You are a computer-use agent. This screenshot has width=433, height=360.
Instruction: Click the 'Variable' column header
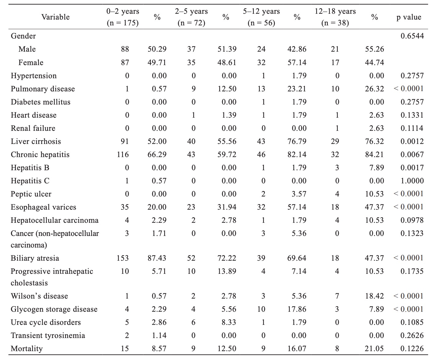pyautogui.click(x=55, y=17)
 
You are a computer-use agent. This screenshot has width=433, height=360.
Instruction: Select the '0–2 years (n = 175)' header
pyautogui.click(x=123, y=17)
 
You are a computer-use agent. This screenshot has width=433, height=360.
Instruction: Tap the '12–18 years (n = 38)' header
pyautogui.click(x=335, y=17)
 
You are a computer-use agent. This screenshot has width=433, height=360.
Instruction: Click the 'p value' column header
pyautogui.click(x=409, y=17)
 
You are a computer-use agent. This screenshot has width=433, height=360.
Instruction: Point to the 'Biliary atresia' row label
pyautogui.click(x=35, y=258)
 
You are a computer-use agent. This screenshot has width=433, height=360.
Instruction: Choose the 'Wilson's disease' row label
pyautogui.click(x=39, y=296)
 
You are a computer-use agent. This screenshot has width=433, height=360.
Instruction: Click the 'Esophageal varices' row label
pyautogui.click(x=43, y=207)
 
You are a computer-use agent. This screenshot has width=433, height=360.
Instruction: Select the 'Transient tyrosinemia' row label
pyautogui.click(x=48, y=335)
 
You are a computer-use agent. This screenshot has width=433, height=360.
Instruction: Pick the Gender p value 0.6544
pyautogui.click(x=412, y=36)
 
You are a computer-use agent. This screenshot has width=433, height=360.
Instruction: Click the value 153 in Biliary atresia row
pyautogui.click(x=123, y=258)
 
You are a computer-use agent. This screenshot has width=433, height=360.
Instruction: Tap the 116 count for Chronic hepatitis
pyautogui.click(x=123, y=155)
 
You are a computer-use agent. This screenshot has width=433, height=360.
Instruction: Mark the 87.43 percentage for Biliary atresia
pyautogui.click(x=157, y=258)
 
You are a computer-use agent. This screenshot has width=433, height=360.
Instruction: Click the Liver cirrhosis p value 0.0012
pyautogui.click(x=412, y=141)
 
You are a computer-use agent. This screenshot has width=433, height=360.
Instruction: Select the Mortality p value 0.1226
pyautogui.click(x=412, y=349)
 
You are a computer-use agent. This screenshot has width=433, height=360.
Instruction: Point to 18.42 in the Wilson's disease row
pyautogui.click(x=374, y=296)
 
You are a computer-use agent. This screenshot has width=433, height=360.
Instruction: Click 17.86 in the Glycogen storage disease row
pyautogui.click(x=297, y=309)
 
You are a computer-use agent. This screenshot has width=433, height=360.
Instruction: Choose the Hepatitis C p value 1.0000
pyautogui.click(x=412, y=181)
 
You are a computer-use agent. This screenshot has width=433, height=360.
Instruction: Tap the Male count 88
pyautogui.click(x=125, y=49)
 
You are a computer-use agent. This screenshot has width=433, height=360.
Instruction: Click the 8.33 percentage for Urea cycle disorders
pyautogui.click(x=229, y=322)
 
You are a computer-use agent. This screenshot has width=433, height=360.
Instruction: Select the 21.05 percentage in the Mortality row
pyautogui.click(x=374, y=349)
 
